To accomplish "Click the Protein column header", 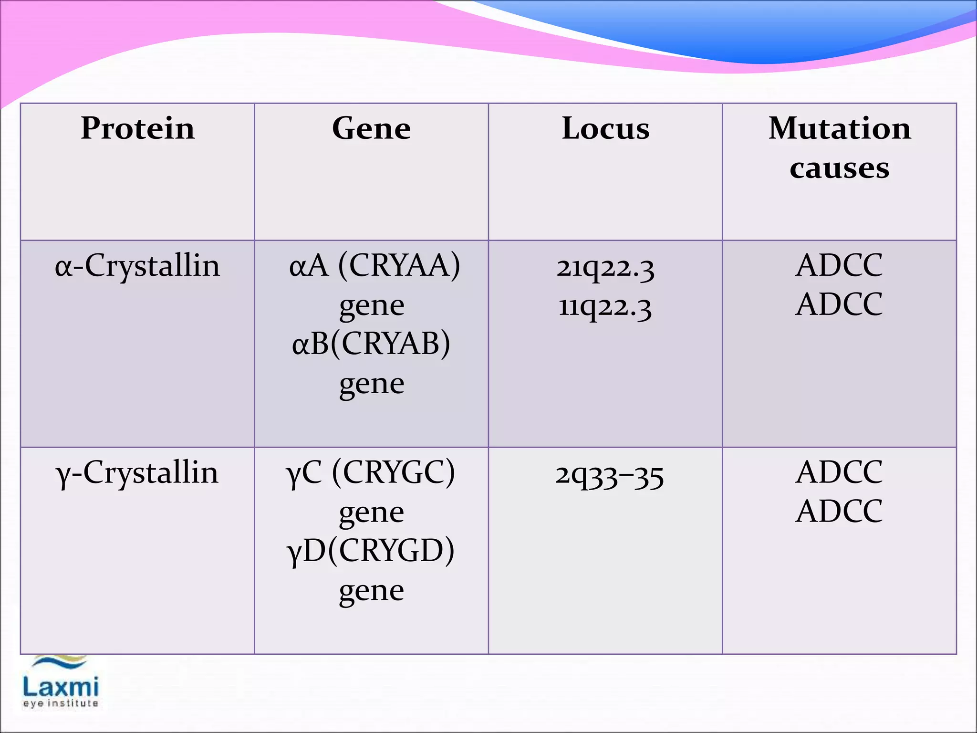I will pos(137,128).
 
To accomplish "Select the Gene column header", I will pos(371,128).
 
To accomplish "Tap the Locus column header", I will pos(605,128).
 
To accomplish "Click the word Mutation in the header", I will pos(840,128).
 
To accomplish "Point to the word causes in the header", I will pos(840,168).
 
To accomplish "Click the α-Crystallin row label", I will pos(137,266).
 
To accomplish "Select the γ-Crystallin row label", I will pos(137,473).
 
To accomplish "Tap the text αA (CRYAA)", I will pos(374,266).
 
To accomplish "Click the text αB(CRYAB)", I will pos(371,344).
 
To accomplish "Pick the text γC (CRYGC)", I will pos(370,473).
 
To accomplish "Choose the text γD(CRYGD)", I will pos(370,551).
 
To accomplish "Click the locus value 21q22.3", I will pos(605,268).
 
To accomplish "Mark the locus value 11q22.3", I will pos(605,307).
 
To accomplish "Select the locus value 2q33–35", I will pos(609,475).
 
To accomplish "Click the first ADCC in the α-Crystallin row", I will pos(839,265).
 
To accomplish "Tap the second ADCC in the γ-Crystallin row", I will pos(839,512).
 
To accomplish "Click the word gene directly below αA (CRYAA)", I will pos(372,306).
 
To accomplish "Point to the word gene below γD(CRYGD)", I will pos(372,591).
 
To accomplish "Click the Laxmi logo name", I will pos(61,688).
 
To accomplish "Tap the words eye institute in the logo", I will pos(61,703).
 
